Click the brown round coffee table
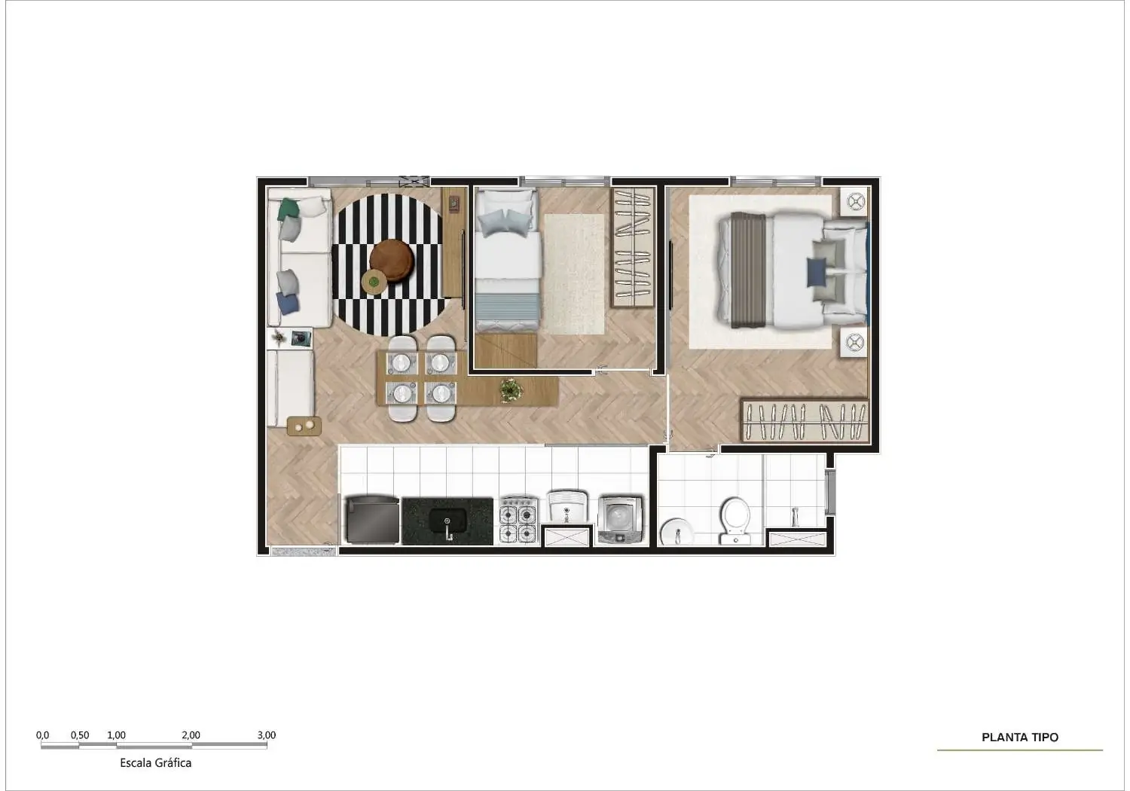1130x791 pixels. pos(392,261)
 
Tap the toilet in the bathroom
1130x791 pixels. pos(735,521)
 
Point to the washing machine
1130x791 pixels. pos(620,521)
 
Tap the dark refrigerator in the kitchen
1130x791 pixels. pos(371,520)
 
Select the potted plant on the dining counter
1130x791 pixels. pos(511,390)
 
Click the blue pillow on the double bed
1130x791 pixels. pos(817,272)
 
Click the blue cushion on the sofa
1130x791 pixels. pos(288,304)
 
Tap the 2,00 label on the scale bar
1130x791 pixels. pos(191,735)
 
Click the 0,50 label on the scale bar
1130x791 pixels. pos(80,735)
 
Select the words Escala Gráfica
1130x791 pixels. pos(155,762)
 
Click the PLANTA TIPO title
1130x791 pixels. pos(1019,737)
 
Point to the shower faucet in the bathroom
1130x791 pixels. pos(795,517)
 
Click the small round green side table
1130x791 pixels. pos(374,281)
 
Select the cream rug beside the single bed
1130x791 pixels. pos(574,274)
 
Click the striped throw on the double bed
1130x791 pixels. pos(749,270)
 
